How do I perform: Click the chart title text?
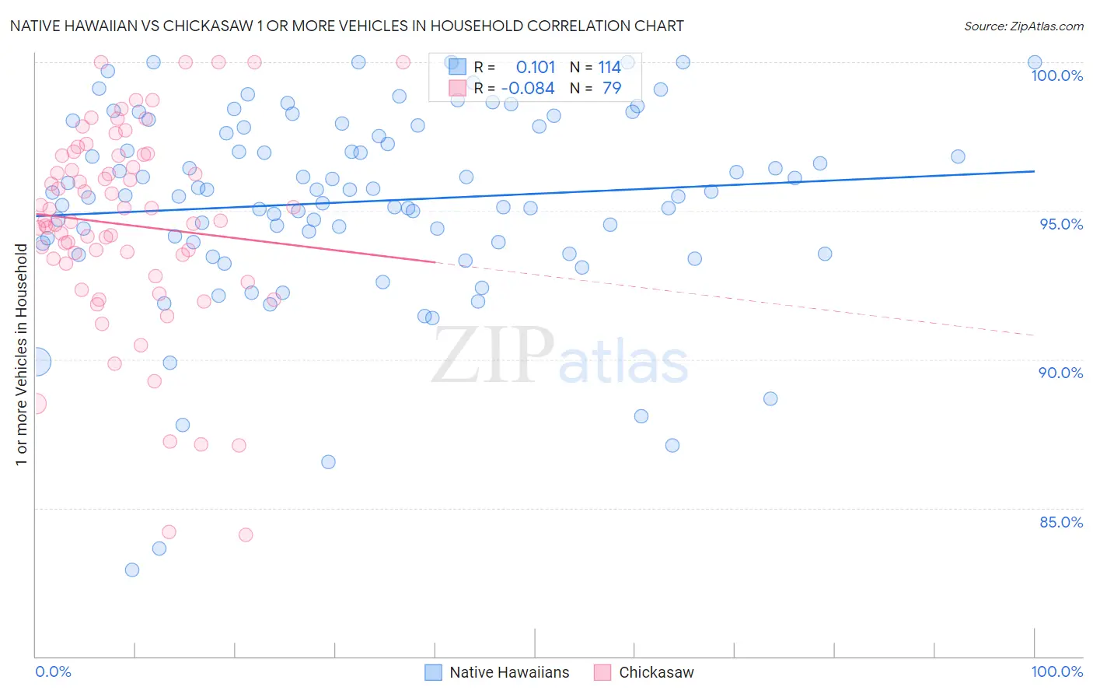347,26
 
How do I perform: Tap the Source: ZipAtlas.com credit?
1023,26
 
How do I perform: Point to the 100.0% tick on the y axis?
1056,75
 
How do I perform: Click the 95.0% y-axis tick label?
1061,224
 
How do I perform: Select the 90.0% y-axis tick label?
1061,373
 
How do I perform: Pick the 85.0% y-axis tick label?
1061,522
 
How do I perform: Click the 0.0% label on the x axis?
53,671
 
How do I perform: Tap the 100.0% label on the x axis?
1056,671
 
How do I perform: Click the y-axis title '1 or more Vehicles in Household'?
21,355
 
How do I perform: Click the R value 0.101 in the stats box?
536,68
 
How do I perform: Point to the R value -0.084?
528,89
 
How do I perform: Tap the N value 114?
609,68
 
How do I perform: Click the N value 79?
612,89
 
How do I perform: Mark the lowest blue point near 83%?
132,570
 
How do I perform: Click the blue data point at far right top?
1035,62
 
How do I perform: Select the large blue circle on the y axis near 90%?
37,362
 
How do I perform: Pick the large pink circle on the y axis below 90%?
36,403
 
